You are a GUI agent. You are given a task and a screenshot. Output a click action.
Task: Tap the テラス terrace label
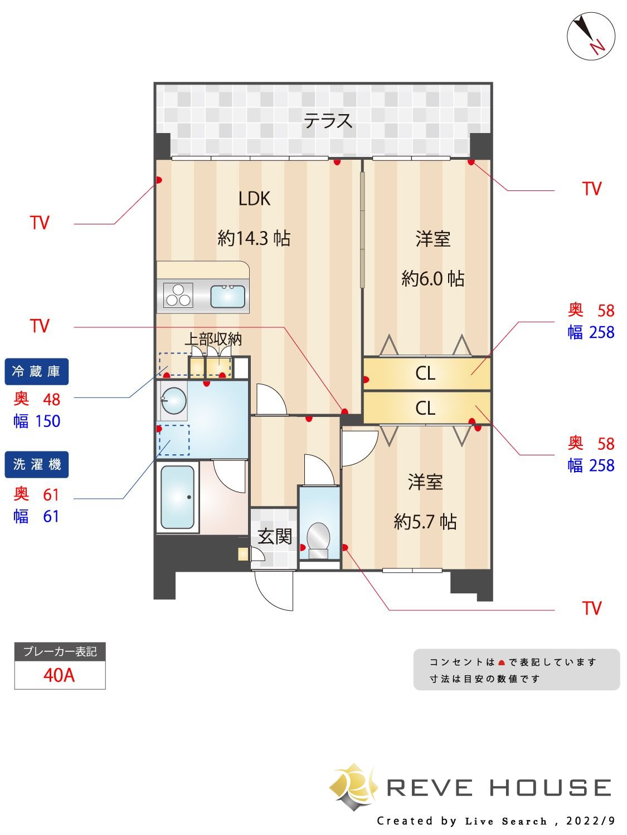point(328,121)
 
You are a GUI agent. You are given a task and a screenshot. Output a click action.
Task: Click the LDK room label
point(254,199)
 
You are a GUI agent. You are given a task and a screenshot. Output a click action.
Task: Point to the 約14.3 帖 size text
point(254,238)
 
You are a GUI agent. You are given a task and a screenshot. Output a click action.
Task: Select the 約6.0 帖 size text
point(432,278)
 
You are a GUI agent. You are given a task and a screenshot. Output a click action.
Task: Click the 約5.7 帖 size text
point(425,522)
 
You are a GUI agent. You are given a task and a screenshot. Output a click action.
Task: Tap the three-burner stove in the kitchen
point(178,295)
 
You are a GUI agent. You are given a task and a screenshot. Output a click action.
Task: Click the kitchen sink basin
point(227,296)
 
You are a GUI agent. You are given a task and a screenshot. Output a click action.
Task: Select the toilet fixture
point(318,539)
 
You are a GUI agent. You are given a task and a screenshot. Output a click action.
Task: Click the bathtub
point(178,497)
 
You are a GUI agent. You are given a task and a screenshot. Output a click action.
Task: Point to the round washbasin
point(173,400)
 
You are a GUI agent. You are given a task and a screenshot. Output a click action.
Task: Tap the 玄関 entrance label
point(275,537)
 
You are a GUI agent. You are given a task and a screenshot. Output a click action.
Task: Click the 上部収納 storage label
point(213,338)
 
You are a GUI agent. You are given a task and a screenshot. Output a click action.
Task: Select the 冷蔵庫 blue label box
point(36,371)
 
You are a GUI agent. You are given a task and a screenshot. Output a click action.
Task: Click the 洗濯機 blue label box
point(36,464)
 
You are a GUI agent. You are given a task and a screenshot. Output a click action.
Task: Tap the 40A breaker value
point(59,675)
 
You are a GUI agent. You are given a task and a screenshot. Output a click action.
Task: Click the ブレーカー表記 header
point(60,651)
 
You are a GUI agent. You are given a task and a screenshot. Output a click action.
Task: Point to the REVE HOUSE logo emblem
point(353,787)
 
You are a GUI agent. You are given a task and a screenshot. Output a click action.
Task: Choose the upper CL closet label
point(425,373)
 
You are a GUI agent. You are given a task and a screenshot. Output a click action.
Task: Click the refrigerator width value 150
point(47,421)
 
